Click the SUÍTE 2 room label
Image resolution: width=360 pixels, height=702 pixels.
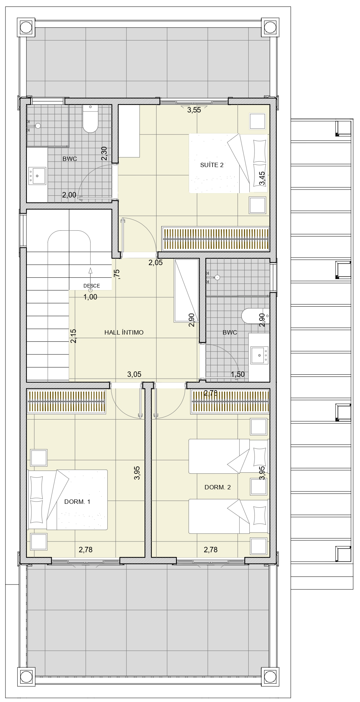pos(212,165)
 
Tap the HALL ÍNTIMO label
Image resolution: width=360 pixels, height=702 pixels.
pos(124,332)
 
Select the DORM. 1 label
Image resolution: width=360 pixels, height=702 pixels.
pos(77,502)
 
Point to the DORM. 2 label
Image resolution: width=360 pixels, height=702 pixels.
pos(218,487)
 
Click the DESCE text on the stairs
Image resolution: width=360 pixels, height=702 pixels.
pos(91,286)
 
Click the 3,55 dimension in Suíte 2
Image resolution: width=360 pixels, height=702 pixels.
pos(194,110)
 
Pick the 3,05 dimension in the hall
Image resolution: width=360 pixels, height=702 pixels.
pos(134,375)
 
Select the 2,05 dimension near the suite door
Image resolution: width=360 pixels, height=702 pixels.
pos(155,263)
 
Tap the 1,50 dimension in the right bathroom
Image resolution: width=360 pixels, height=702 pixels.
pos(238,374)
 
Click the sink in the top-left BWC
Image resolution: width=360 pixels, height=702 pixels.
pos(37,176)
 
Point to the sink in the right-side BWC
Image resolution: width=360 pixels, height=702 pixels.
pos(259,355)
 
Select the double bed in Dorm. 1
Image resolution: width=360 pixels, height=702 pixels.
pos(68,500)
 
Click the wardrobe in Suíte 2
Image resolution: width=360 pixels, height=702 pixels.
pos(215,238)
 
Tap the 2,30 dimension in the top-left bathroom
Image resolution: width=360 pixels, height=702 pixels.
pos(104,153)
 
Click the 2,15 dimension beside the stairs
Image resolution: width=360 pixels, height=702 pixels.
pos(73,336)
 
